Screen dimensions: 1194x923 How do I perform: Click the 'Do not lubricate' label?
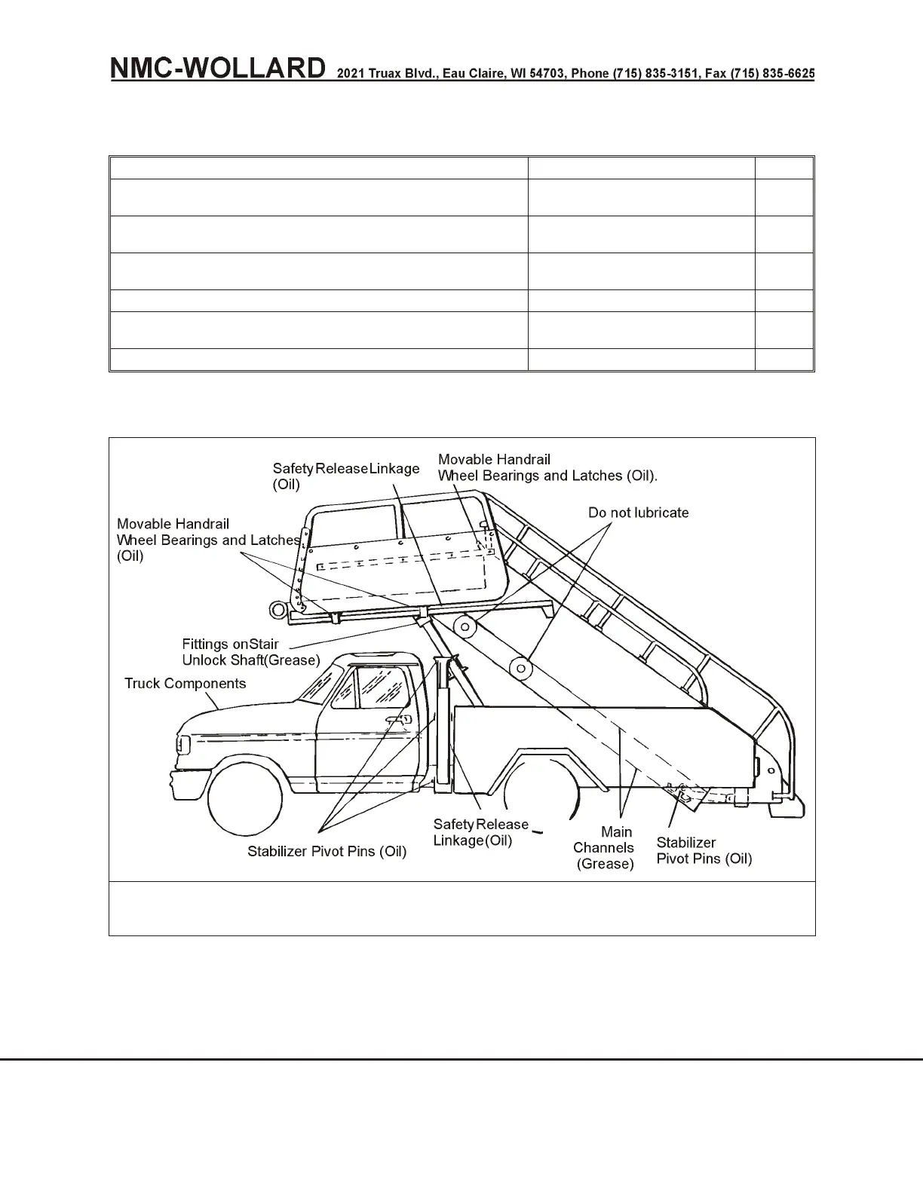coord(638,513)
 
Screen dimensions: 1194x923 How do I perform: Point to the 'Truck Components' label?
coord(185,684)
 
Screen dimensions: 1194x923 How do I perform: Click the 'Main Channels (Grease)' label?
coord(604,847)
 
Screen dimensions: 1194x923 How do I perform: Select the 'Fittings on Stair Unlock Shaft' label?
coord(250,652)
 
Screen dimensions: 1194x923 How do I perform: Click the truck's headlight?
coord(181,744)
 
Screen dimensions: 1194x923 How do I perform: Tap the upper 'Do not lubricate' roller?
coord(466,626)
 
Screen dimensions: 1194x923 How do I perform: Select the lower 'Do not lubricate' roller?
coord(520,666)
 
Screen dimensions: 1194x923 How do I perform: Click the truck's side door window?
coord(382,687)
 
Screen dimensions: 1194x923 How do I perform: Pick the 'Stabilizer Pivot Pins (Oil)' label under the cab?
coord(327,851)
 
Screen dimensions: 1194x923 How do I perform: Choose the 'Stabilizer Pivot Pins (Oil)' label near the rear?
coord(703,850)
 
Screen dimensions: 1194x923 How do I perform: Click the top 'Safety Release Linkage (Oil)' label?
coord(345,476)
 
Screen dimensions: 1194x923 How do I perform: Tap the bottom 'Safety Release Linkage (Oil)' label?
coord(480,832)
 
